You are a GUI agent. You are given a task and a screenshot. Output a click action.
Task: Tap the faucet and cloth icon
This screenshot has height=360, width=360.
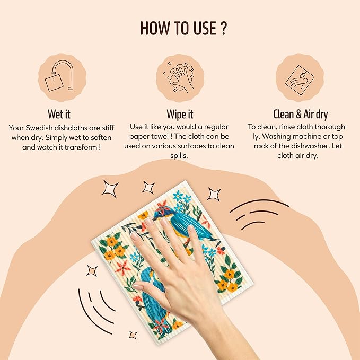[60, 76]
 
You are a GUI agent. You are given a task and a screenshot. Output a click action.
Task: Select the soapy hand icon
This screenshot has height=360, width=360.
[180, 77]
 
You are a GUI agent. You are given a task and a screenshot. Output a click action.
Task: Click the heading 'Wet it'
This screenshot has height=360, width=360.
[59, 114]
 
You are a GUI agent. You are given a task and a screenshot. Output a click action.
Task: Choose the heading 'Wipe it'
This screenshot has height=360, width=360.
[180, 114]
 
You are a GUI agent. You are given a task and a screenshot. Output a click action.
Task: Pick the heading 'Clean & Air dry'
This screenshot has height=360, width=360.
[300, 114]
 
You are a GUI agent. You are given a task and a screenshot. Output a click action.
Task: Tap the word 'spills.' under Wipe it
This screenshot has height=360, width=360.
[179, 156]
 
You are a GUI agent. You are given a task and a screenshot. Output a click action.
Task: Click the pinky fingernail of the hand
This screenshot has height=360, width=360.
[191, 228]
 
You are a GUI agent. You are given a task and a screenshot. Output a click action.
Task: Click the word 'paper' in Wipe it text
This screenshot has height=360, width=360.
[139, 137]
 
